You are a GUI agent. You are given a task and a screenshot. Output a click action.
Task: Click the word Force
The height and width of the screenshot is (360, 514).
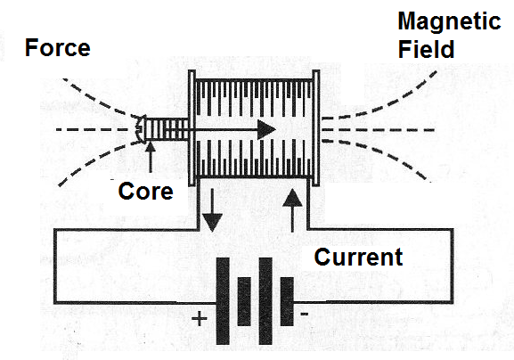point(58,48)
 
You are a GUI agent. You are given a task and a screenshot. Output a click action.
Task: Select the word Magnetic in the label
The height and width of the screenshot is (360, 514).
point(449,21)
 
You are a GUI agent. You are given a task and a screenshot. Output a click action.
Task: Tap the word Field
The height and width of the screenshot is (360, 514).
point(426,49)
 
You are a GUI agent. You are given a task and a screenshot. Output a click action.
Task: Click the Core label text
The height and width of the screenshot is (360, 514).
point(145,192)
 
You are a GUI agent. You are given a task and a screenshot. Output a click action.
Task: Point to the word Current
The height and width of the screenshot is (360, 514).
point(358,257)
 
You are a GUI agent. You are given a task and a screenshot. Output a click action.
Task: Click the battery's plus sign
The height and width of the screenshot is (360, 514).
point(200,318)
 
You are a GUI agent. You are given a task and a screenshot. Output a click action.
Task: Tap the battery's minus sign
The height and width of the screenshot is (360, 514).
point(304,315)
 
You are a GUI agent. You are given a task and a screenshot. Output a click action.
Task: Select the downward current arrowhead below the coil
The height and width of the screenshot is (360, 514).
point(212,222)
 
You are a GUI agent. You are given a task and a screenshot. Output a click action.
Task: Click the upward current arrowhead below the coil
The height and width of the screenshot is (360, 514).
point(292,198)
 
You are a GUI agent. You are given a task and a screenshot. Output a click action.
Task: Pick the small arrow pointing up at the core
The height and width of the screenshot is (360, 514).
point(151,157)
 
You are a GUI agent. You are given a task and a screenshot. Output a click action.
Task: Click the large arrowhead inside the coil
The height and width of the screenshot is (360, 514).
point(265,129)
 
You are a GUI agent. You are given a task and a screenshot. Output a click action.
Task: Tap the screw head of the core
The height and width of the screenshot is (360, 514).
point(141,129)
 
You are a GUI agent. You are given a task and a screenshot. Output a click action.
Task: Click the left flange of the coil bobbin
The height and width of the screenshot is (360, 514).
point(192,128)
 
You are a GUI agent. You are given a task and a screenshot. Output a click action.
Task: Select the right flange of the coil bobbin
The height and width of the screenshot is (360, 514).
point(316,128)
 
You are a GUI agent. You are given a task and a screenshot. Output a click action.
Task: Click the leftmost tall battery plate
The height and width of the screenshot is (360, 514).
point(223,301)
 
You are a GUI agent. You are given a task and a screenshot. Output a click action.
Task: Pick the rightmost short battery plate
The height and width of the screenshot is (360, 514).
point(287,301)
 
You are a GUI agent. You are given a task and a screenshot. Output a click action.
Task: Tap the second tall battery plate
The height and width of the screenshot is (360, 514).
point(265,301)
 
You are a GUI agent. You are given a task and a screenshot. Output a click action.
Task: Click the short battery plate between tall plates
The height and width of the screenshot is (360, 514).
point(244,301)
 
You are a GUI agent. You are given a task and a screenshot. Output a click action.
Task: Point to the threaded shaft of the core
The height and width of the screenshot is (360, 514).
point(167,129)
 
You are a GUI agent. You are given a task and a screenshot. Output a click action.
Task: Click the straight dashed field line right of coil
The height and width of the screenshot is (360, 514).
point(378,130)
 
